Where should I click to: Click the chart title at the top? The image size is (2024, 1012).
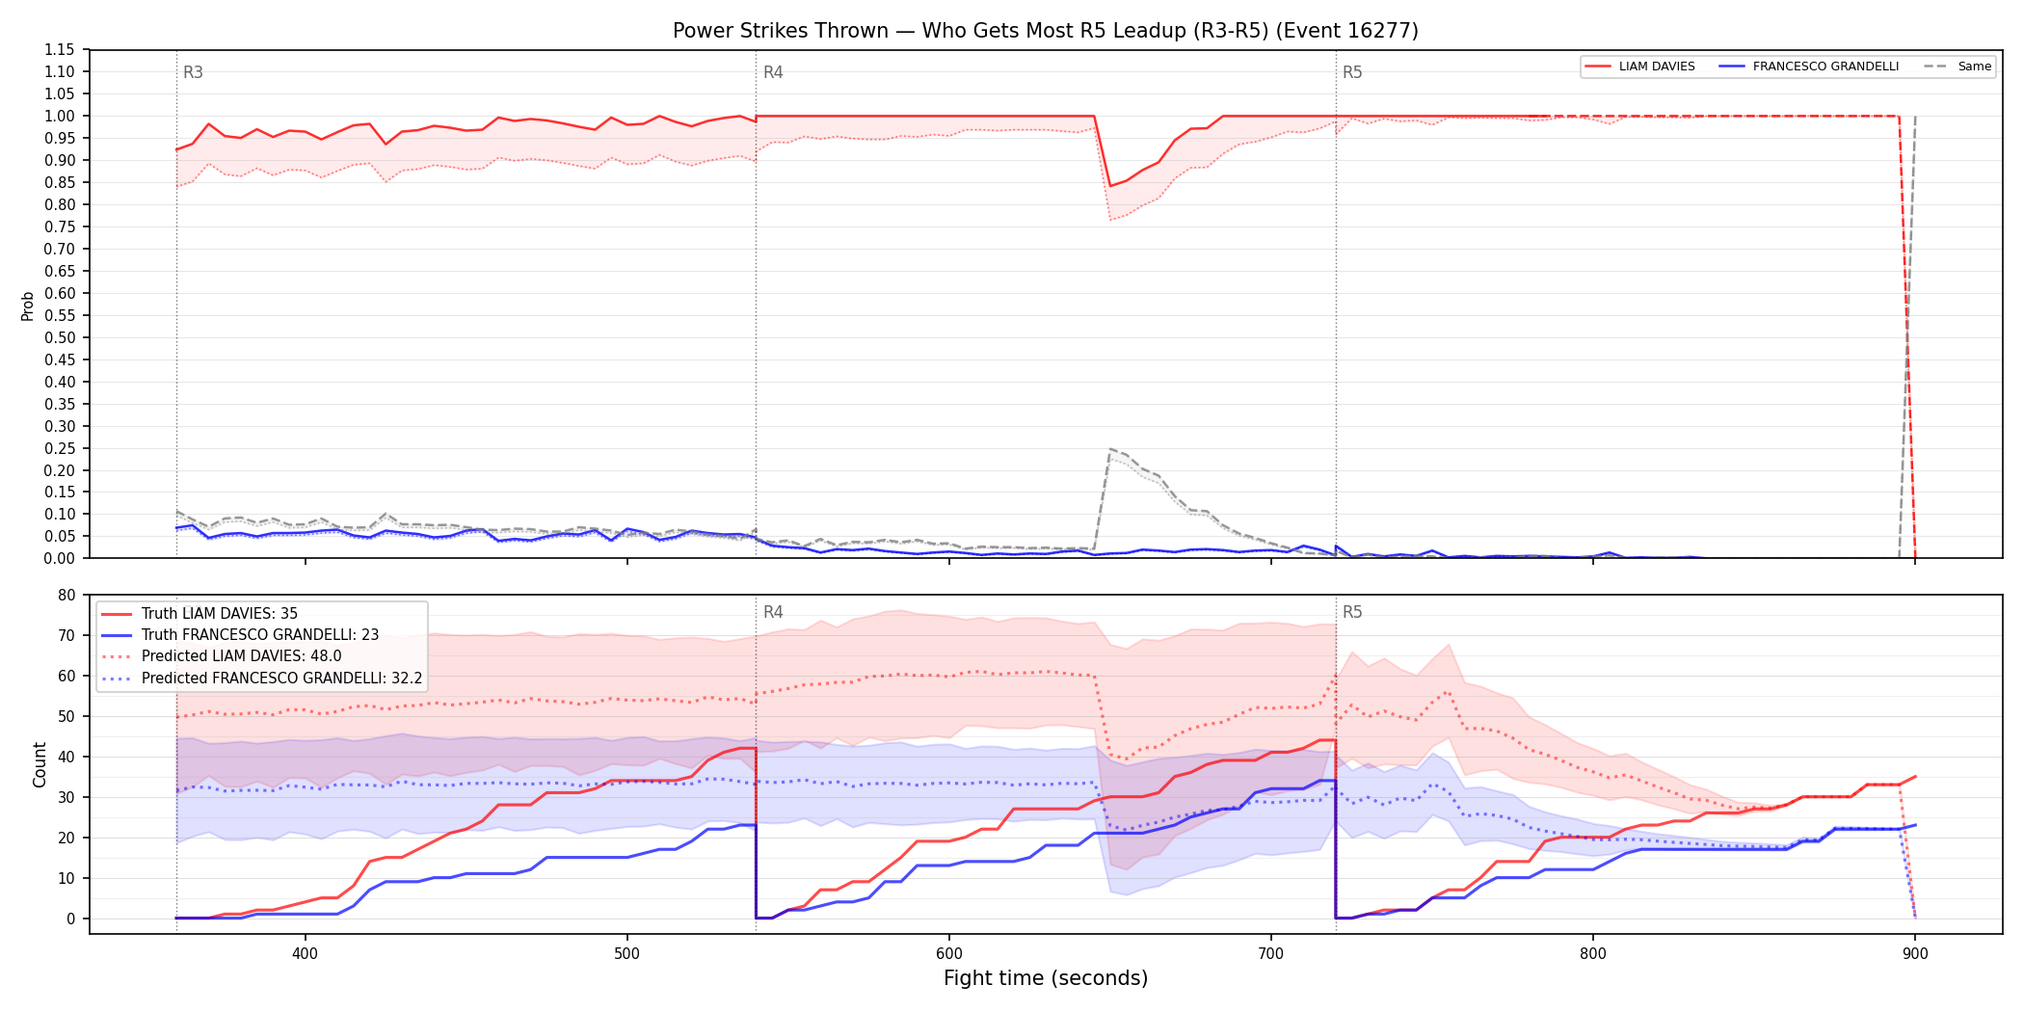pyautogui.click(x=1046, y=31)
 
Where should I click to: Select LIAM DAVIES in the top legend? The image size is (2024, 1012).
pyautogui.click(x=1657, y=67)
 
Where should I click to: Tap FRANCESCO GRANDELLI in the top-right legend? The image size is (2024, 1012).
pyautogui.click(x=1825, y=67)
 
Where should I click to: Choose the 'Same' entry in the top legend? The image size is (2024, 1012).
pyautogui.click(x=1974, y=67)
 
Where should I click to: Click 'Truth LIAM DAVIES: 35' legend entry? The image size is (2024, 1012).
pyautogui.click(x=220, y=614)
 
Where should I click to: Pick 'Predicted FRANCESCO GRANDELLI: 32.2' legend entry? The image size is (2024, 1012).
pyautogui.click(x=281, y=679)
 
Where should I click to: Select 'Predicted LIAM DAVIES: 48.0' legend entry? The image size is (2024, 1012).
pyautogui.click(x=241, y=656)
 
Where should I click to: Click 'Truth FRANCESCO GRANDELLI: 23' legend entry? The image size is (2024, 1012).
pyautogui.click(x=260, y=635)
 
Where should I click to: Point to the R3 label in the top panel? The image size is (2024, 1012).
pyautogui.click(x=193, y=72)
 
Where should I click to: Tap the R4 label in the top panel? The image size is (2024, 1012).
pyautogui.click(x=773, y=72)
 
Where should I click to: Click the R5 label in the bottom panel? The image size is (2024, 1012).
pyautogui.click(x=1352, y=612)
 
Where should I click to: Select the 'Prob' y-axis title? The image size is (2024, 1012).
pyautogui.click(x=28, y=306)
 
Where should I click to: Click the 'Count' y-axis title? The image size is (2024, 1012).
pyautogui.click(x=40, y=764)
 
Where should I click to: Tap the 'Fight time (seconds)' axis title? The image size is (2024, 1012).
pyautogui.click(x=1046, y=978)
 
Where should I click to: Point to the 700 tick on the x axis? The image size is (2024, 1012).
pyautogui.click(x=1271, y=954)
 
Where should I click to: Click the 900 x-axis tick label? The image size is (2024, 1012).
pyautogui.click(x=1915, y=954)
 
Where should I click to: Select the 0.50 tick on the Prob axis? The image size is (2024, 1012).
pyautogui.click(x=60, y=338)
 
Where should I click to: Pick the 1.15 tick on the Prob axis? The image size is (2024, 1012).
pyautogui.click(x=60, y=50)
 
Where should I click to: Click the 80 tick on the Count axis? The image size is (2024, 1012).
pyautogui.click(x=67, y=596)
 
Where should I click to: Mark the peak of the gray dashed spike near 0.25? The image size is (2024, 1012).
pyautogui.click(x=1110, y=448)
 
